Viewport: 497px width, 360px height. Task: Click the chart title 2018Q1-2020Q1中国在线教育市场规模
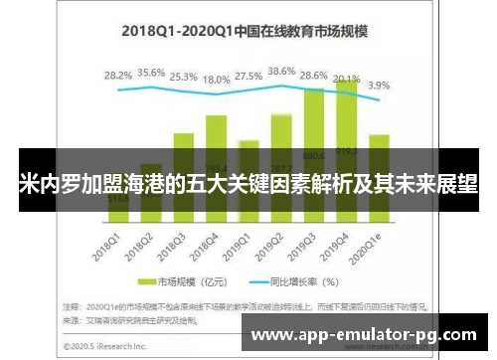coord(245,31)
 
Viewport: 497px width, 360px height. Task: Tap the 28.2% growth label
coord(118,75)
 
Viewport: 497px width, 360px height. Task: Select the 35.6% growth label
coord(151,73)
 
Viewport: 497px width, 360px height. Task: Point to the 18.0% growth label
coord(216,79)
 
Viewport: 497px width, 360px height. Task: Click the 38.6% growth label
coord(281,72)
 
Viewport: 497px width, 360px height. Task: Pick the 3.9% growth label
coord(380,86)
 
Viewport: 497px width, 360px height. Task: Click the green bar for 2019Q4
coord(346,119)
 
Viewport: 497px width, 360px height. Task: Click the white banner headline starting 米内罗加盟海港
coord(248,185)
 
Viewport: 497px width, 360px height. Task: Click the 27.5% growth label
coord(248,75)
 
